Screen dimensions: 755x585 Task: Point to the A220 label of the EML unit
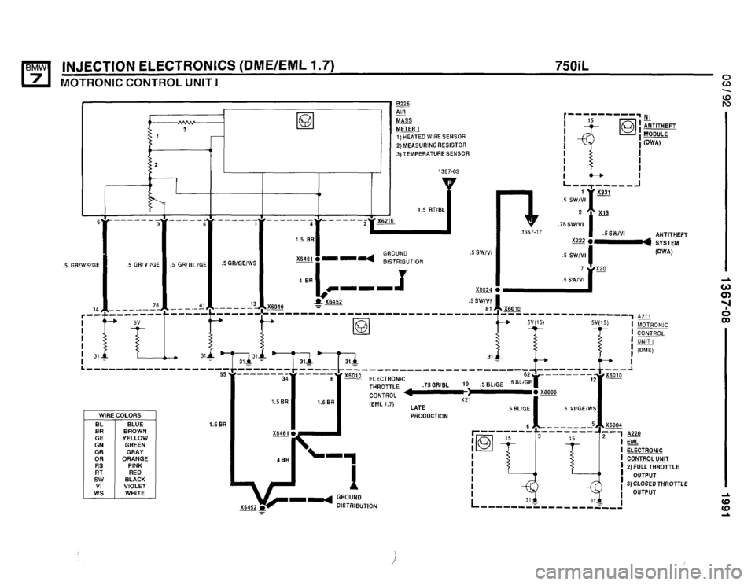pos(637,432)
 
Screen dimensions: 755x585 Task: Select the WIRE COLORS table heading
pos(120,414)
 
